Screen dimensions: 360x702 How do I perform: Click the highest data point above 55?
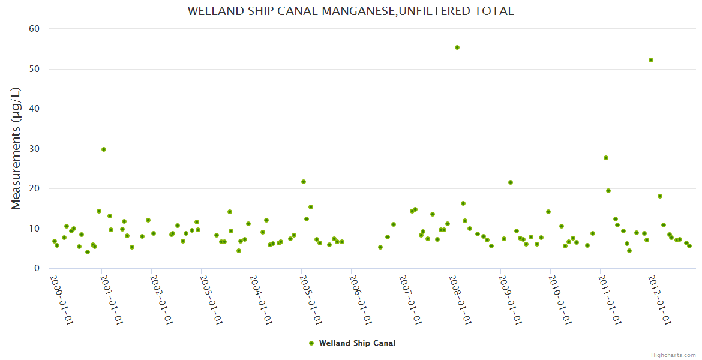pyautogui.click(x=457, y=47)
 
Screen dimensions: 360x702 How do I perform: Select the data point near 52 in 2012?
pyautogui.click(x=651, y=60)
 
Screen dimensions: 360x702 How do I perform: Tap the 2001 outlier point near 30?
pyautogui.click(x=104, y=149)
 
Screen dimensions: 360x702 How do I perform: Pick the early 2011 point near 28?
pyautogui.click(x=606, y=158)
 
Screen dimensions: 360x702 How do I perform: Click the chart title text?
pyautogui.click(x=350, y=11)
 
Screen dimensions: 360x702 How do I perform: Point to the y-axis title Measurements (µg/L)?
pyautogui.click(x=16, y=148)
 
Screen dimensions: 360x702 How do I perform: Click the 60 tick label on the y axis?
pyautogui.click(x=34, y=29)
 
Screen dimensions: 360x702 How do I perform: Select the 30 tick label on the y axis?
pyautogui.click(x=34, y=149)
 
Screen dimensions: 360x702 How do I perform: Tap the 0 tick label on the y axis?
pyautogui.click(x=37, y=268)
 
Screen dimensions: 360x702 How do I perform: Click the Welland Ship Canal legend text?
pyautogui.click(x=357, y=343)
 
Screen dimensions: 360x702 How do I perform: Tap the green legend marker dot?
pyautogui.click(x=311, y=343)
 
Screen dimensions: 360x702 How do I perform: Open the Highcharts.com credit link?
pyautogui.click(x=673, y=355)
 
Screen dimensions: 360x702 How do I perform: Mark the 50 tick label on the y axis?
pyautogui.click(x=34, y=69)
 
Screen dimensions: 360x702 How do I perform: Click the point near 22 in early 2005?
pyautogui.click(x=304, y=182)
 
